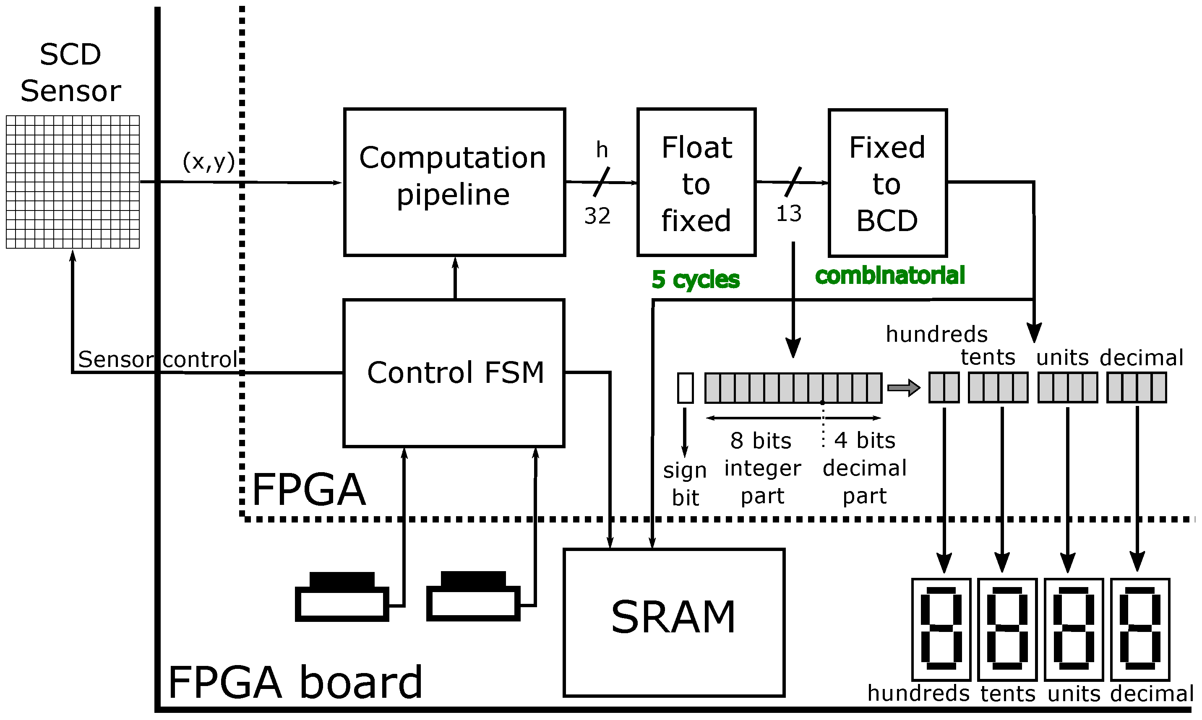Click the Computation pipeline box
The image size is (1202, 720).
[x=454, y=182]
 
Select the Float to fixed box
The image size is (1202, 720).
[x=696, y=182]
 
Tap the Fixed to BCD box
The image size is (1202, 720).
[x=887, y=183]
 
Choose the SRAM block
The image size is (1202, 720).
[x=673, y=622]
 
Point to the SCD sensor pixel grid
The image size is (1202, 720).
[x=73, y=182]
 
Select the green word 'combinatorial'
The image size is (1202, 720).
[x=889, y=276]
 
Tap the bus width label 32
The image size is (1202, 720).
[x=597, y=216]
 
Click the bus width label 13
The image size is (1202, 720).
[x=789, y=214]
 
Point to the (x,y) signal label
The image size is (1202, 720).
[x=209, y=161]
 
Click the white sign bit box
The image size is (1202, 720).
[x=685, y=387]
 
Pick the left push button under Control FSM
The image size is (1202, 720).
[x=342, y=597]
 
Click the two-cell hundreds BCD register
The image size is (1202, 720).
[x=944, y=387]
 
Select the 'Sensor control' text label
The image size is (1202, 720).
[x=158, y=359]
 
